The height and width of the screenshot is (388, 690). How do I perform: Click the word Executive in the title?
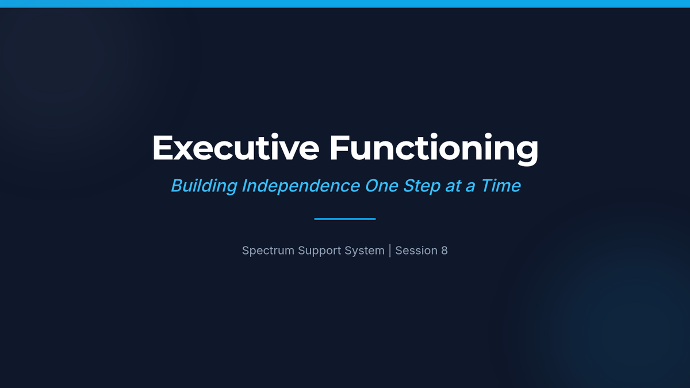click(x=236, y=147)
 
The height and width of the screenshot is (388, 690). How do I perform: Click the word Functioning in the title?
click(x=434, y=149)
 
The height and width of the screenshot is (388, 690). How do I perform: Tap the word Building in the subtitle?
click(x=204, y=186)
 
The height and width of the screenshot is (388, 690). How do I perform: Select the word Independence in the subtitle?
click(x=301, y=186)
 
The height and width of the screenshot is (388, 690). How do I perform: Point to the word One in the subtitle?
click(x=381, y=186)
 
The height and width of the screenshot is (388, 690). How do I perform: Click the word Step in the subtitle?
click(x=421, y=186)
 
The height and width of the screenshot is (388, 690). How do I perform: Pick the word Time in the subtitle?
click(x=501, y=186)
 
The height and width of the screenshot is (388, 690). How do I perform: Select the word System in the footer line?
click(x=365, y=251)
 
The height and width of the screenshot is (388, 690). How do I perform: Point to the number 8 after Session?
click(x=444, y=251)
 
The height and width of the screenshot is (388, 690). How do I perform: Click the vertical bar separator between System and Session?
click(x=390, y=251)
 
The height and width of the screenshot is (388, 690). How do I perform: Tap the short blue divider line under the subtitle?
click(x=345, y=219)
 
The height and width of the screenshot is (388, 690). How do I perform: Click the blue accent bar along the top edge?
click(x=345, y=3)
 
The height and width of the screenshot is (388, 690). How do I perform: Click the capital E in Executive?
click(x=162, y=148)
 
